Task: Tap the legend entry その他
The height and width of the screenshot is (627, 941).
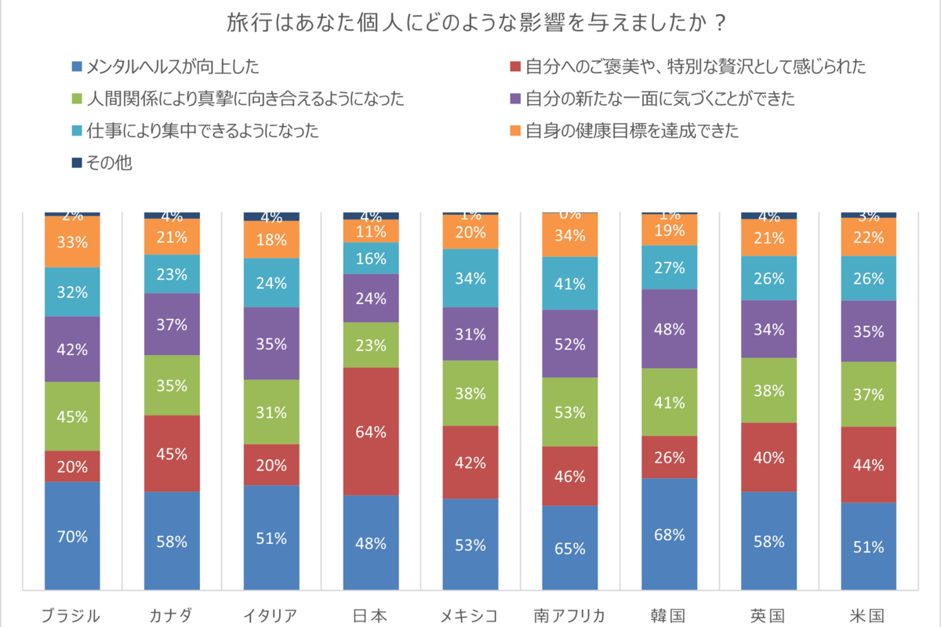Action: [110, 163]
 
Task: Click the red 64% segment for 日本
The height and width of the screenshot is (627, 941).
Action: [371, 431]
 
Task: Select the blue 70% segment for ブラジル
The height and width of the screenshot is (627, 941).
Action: [72, 536]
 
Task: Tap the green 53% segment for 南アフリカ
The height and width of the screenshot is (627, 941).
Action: [570, 411]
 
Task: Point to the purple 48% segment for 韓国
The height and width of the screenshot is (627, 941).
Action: [670, 328]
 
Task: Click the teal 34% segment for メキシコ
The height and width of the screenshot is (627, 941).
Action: [470, 278]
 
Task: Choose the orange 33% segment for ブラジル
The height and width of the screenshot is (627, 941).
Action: [72, 242]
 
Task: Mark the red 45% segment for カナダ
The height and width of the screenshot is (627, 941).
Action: [172, 453]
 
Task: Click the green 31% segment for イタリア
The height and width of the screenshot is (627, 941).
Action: [271, 411]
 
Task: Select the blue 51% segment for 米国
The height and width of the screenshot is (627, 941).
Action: [868, 545]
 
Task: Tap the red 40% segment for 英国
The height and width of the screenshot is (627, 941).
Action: [768, 457]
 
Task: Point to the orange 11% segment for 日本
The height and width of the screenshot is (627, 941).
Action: [371, 231]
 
